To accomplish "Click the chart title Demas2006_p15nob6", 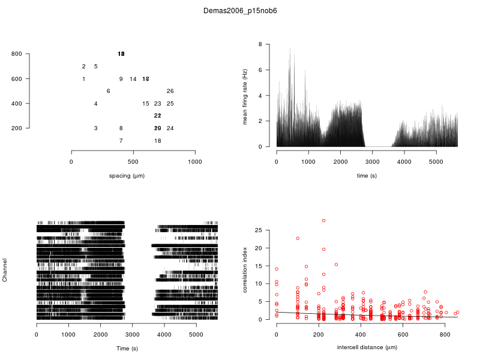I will click(240, 11).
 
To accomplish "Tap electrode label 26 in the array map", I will click(170, 91).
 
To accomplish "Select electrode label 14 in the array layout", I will click(133, 79).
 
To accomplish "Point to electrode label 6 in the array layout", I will click(108, 91).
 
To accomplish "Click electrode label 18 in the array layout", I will click(158, 141).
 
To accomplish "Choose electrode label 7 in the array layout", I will click(121, 141).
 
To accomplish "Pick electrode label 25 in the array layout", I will click(170, 104).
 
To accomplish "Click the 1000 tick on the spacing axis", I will click(195, 162).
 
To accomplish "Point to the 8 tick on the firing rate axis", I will click(260, 44).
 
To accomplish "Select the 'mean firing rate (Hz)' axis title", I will click(245, 96).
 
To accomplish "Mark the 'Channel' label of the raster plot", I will click(5, 271).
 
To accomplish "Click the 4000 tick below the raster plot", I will click(164, 335).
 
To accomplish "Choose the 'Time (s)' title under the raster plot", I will click(127, 348).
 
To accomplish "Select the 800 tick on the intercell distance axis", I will click(445, 335).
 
